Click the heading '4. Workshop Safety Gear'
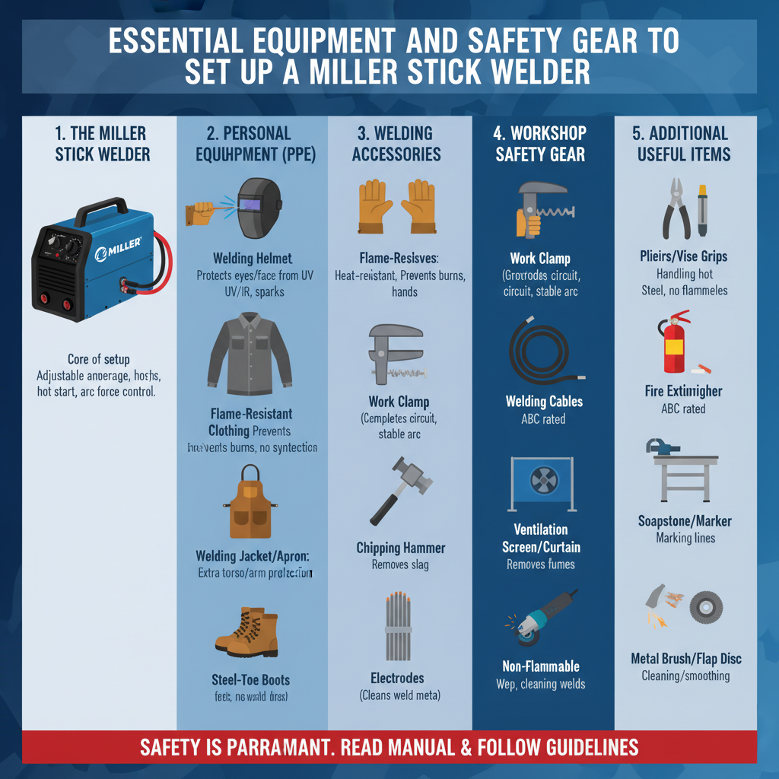click(x=540, y=144)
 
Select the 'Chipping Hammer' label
click(x=401, y=548)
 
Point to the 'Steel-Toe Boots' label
click(x=250, y=679)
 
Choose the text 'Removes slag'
click(x=400, y=564)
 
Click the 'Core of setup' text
click(x=98, y=359)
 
